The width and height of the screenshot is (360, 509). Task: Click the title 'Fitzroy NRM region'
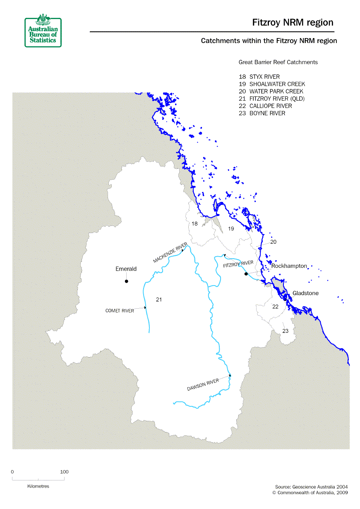293,23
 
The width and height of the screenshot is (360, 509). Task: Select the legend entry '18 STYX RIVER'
259,77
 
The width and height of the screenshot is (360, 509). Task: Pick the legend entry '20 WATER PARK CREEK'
271,91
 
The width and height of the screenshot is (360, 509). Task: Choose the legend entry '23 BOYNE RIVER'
262,113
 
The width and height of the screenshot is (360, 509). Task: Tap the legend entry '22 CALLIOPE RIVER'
265,106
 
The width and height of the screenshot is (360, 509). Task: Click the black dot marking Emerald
127,281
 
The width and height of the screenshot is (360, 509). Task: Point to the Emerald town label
126,269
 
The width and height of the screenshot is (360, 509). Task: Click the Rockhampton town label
289,266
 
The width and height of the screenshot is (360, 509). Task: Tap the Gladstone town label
305,293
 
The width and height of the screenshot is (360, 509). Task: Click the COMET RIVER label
120,311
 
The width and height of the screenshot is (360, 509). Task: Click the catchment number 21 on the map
158,300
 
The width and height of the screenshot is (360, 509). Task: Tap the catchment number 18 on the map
194,224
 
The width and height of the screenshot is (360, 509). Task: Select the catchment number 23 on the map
286,331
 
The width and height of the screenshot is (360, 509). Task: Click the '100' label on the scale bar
64,472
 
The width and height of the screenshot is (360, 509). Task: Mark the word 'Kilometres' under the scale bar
38,486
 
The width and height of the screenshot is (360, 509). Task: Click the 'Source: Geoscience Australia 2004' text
311,487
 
